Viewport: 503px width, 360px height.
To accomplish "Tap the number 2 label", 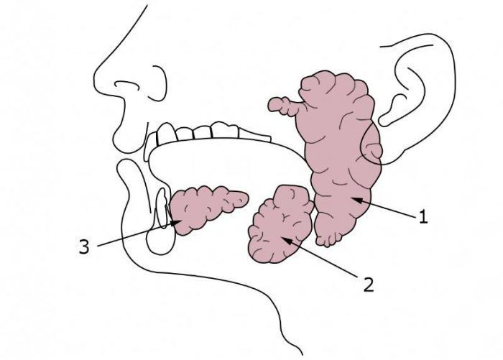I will point(368,284).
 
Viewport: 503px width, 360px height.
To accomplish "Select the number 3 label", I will point(84,248).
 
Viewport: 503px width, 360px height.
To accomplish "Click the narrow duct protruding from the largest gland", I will point(284,106).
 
